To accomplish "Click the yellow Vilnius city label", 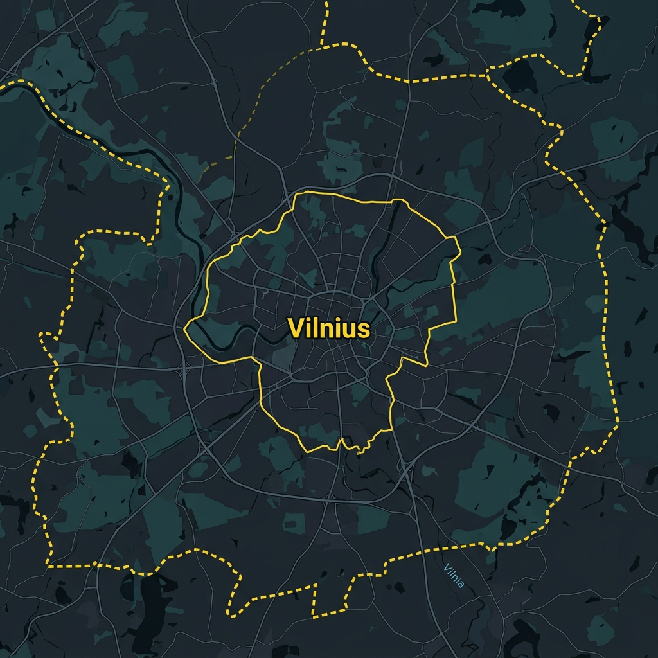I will tap(329, 328).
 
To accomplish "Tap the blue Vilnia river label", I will tap(454, 574).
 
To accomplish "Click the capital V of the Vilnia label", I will tap(447, 567).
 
